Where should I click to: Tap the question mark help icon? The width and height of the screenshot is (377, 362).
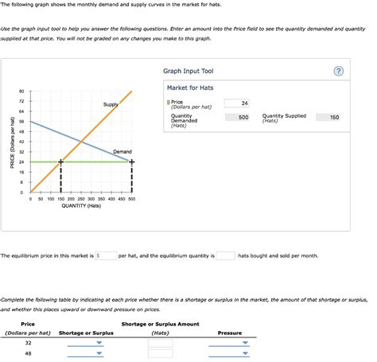point(339,72)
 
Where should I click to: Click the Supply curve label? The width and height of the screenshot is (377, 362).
point(111,104)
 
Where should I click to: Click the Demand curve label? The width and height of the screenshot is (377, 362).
point(122,151)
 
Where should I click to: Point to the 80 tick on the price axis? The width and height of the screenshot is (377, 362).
point(21,91)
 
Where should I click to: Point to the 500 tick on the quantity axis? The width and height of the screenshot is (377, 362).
point(131,199)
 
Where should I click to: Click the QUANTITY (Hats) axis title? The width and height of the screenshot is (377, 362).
point(81,206)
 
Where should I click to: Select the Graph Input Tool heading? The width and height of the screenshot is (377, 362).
point(188,72)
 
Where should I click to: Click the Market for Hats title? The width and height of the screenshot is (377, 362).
point(190,88)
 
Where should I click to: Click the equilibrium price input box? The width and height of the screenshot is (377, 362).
point(107,256)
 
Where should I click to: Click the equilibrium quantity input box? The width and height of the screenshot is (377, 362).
point(225,256)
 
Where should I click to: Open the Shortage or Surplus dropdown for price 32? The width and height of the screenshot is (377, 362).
point(85,343)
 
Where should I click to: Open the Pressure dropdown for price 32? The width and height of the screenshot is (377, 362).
point(230,343)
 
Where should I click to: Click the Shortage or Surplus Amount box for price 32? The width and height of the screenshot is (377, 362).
point(160,343)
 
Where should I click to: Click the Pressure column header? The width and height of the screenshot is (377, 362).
point(230,333)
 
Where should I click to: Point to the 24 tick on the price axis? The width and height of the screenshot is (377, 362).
point(21,162)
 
